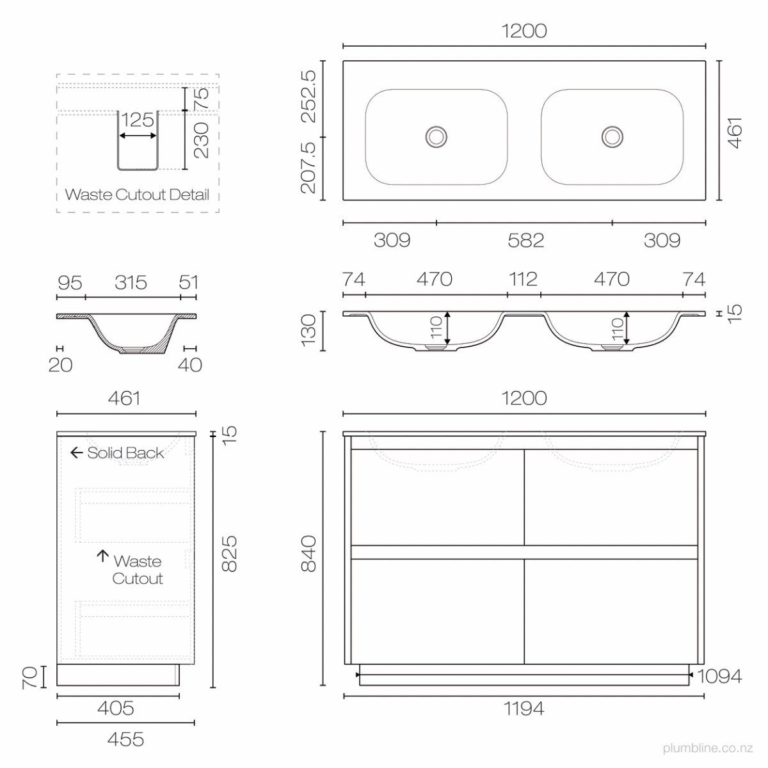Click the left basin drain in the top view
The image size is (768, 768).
(436, 137)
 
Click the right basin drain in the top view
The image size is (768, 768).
(612, 137)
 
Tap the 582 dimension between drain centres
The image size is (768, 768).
(525, 241)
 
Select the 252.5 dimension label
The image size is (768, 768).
(309, 97)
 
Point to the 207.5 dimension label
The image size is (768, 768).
(309, 168)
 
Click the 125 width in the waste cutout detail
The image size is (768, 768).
(138, 120)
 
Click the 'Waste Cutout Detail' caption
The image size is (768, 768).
(137, 195)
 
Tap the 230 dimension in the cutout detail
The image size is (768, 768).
(201, 140)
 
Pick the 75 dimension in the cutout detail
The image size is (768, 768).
(202, 99)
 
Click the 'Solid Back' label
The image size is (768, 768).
(125, 452)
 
